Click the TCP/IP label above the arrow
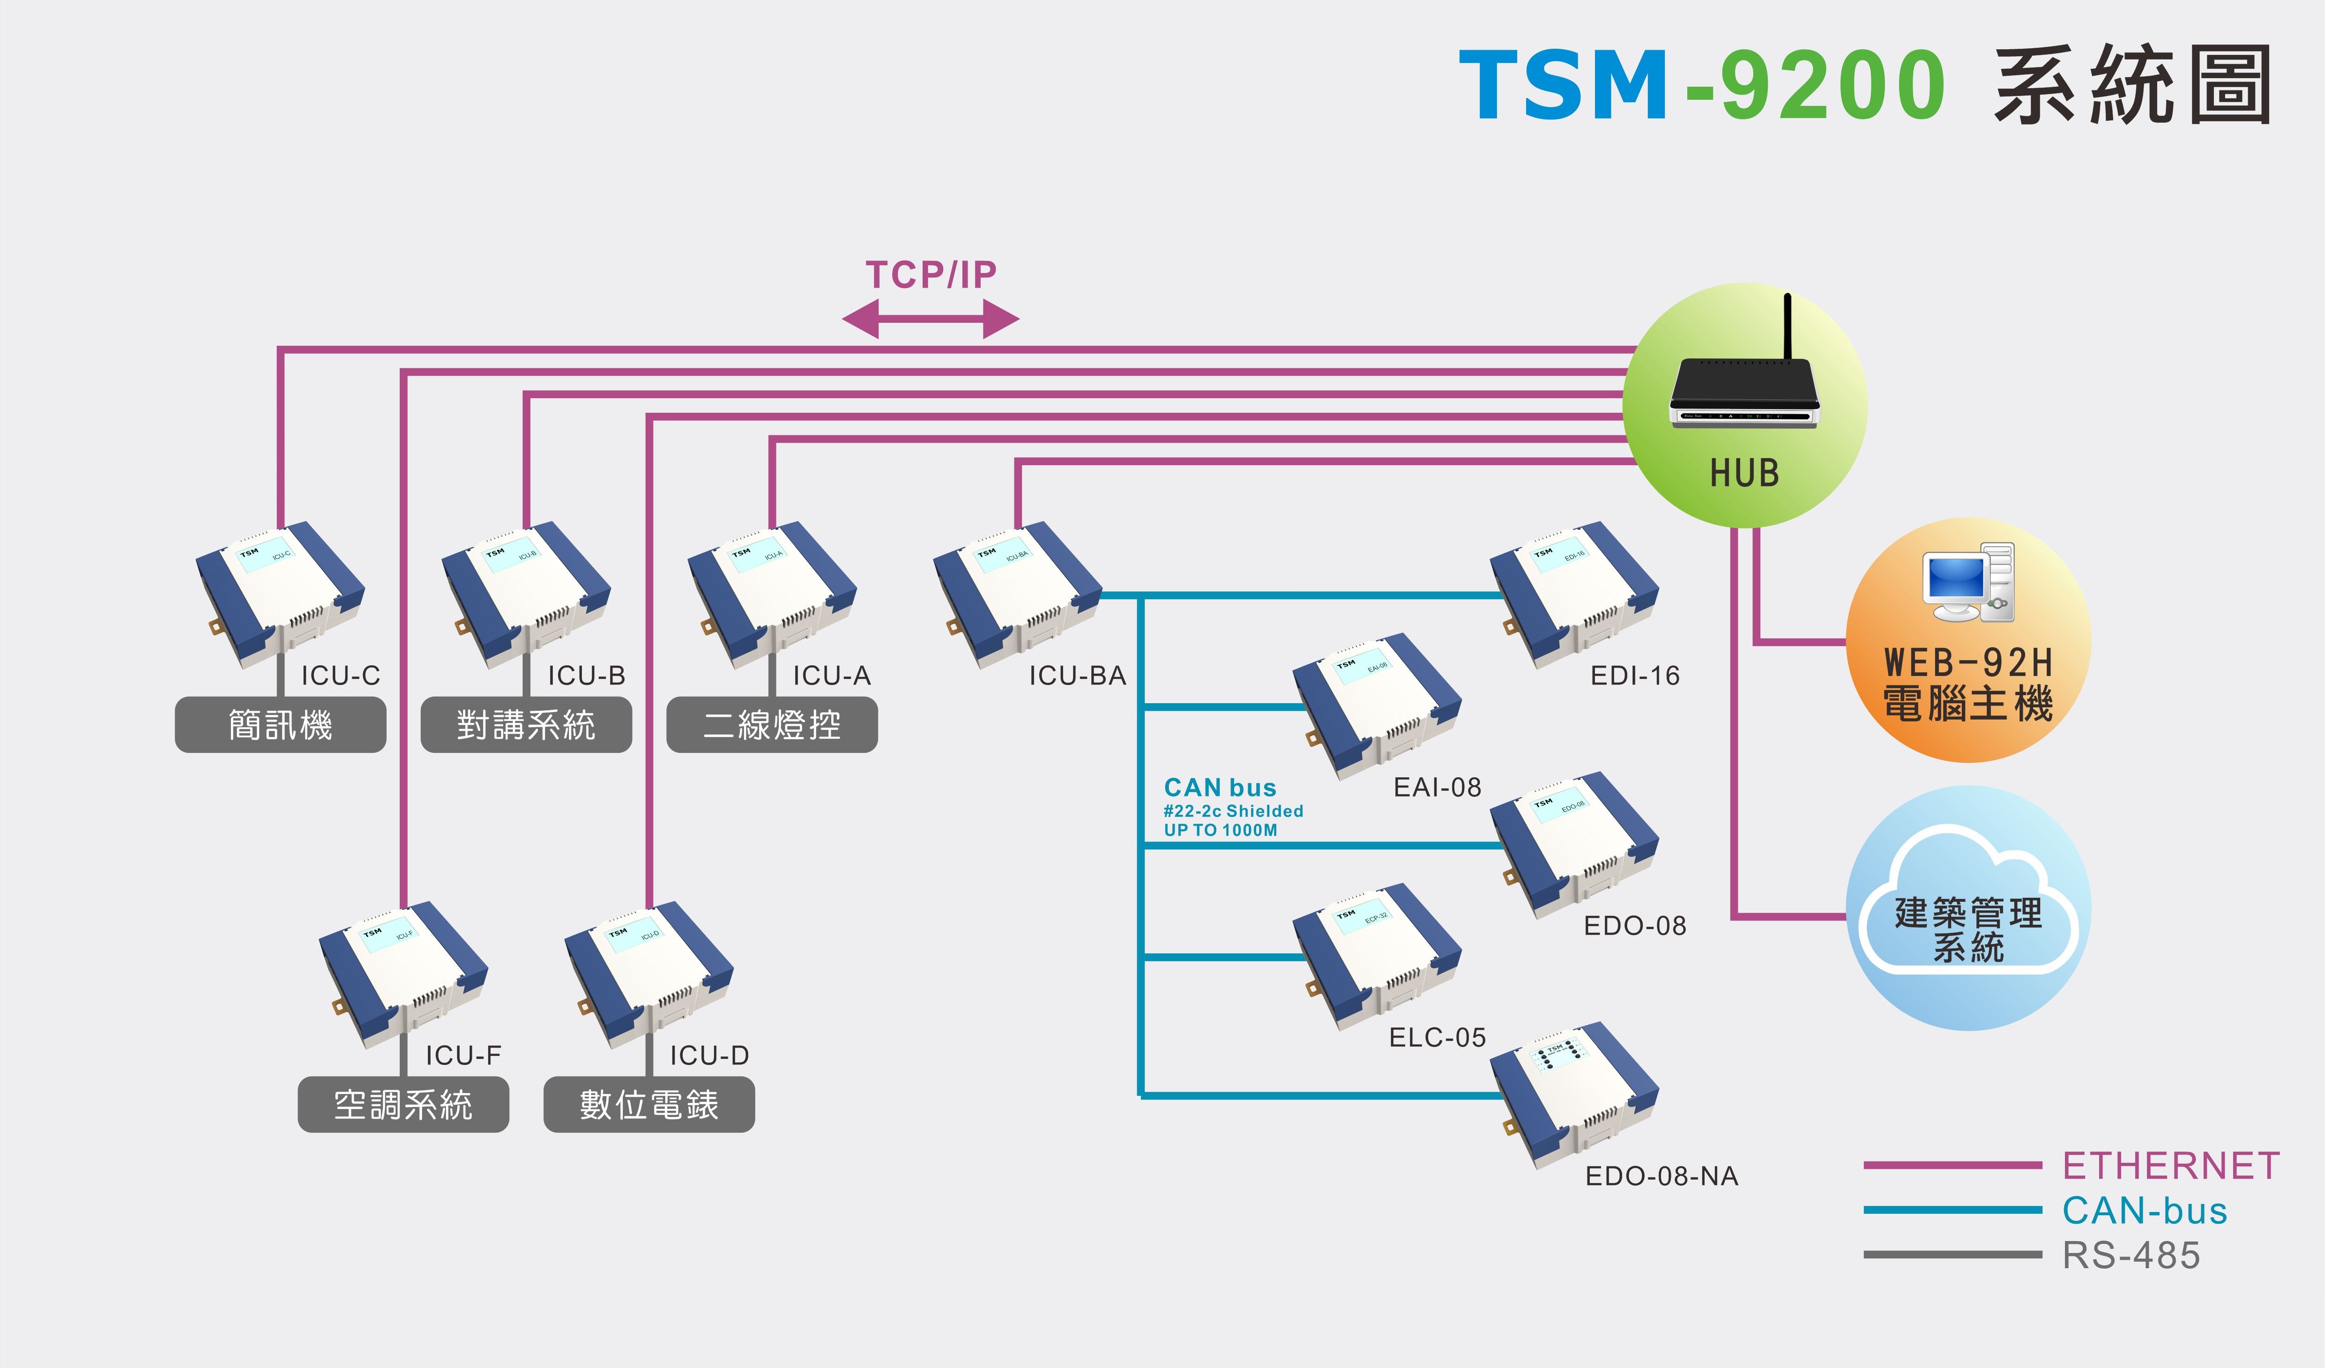pyautogui.click(x=931, y=275)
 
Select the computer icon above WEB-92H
pyautogui.click(x=1968, y=583)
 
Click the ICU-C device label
pyautogui.click(x=341, y=676)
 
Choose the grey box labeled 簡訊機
pyautogui.click(x=281, y=725)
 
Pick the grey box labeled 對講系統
pyautogui.click(x=526, y=725)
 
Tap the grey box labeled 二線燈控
pyautogui.click(x=772, y=725)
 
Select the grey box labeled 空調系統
pyautogui.click(x=403, y=1104)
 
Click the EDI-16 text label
pyautogui.click(x=1635, y=676)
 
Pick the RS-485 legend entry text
pyautogui.click(x=2131, y=1256)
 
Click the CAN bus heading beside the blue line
pyautogui.click(x=1220, y=788)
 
